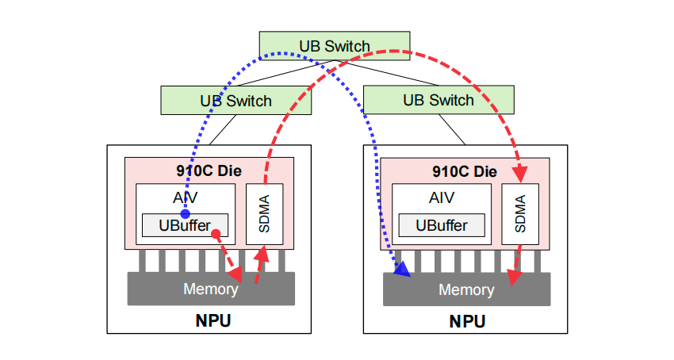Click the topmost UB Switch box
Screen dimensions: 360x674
click(335, 46)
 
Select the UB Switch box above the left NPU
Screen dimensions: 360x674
click(236, 101)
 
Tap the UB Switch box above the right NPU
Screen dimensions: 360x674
click(438, 100)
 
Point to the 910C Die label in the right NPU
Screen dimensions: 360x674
click(465, 170)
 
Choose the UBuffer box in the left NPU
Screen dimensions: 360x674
click(185, 225)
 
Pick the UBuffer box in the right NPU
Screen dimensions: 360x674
click(441, 225)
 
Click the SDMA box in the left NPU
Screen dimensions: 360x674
click(265, 215)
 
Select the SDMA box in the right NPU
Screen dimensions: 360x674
click(520, 214)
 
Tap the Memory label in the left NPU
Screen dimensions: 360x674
click(210, 289)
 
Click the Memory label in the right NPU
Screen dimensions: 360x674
click(466, 289)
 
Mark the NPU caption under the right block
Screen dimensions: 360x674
click(467, 322)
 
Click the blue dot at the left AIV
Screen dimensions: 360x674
click(185, 214)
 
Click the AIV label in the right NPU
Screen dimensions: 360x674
click(441, 198)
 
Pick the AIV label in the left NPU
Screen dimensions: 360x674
click(185, 197)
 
